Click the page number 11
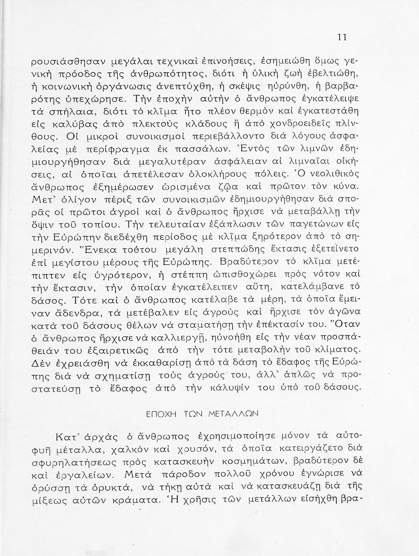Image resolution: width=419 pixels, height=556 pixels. [x=342, y=37]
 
